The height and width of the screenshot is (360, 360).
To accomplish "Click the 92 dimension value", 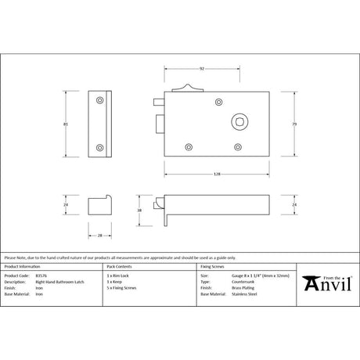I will click(x=203, y=69).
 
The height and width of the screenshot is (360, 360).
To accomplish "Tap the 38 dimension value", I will click(x=138, y=211).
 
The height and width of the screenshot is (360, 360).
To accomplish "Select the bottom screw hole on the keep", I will click(x=99, y=146).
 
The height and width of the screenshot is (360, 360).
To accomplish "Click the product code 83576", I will click(x=42, y=276).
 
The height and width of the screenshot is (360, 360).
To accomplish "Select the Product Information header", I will click(x=23, y=267).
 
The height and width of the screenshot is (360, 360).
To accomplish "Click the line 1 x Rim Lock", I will click(x=118, y=276).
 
